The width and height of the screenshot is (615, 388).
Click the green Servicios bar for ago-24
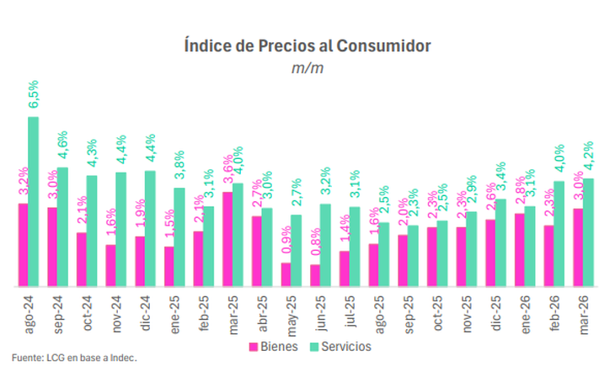[34, 202]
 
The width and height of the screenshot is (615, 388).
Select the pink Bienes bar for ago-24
[23, 245]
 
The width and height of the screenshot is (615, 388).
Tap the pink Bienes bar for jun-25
[315, 276]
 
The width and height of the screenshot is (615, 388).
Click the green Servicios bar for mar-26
[589, 232]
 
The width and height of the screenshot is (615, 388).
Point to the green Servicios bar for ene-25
[179, 237]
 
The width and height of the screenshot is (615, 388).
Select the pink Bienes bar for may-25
[286, 275]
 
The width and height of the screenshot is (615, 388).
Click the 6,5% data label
[34, 96]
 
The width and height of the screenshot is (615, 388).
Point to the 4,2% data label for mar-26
[589, 157]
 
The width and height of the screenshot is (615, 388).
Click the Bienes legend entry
[274, 346]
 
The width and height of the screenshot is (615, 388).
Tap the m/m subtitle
[307, 67]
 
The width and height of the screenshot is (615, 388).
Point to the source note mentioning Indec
[74, 359]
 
